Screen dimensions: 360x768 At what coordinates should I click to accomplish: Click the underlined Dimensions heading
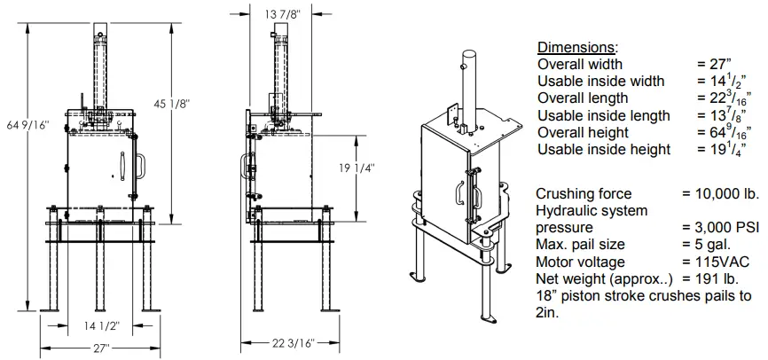click(577, 47)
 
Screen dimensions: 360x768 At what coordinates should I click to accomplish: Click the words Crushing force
click(584, 193)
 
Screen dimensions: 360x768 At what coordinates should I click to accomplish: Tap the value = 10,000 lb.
click(720, 193)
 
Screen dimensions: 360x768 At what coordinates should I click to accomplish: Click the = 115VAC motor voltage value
click(716, 262)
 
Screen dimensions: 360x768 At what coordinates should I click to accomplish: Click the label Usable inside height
click(604, 149)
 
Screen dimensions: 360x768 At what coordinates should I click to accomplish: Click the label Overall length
click(583, 98)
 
